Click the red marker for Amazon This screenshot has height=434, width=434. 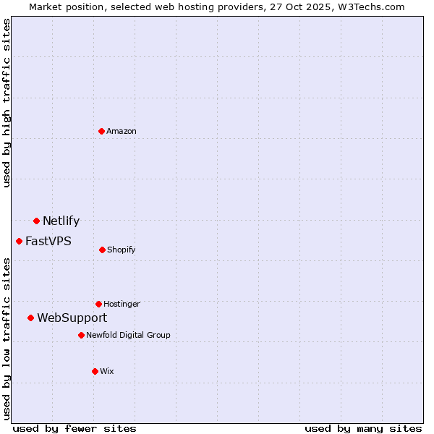pos(101,131)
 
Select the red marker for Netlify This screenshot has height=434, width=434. pos(36,221)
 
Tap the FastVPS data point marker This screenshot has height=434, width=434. pos(19,241)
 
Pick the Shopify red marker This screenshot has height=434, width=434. pos(102,250)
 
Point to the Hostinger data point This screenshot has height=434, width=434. pos(98,304)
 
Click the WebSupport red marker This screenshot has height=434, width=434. pos(30,318)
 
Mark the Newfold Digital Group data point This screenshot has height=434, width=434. pos(81,335)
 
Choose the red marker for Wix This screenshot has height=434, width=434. pos(95,371)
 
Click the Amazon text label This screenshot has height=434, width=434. pos(122,131)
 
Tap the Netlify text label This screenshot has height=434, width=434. pos(61,221)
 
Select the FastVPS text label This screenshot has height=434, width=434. pos(48,242)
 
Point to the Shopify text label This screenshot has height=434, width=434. pos(122,250)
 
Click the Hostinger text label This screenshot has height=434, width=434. pos(122,305)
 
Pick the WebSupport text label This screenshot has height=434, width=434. pos(72,318)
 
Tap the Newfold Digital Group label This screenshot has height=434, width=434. pos(129,336)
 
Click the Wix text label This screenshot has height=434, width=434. pos(107,372)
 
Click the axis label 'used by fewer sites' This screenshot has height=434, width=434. pos(75,428)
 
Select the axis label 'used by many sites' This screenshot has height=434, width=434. pos(363,428)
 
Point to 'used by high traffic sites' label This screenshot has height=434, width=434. pos(7,103)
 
